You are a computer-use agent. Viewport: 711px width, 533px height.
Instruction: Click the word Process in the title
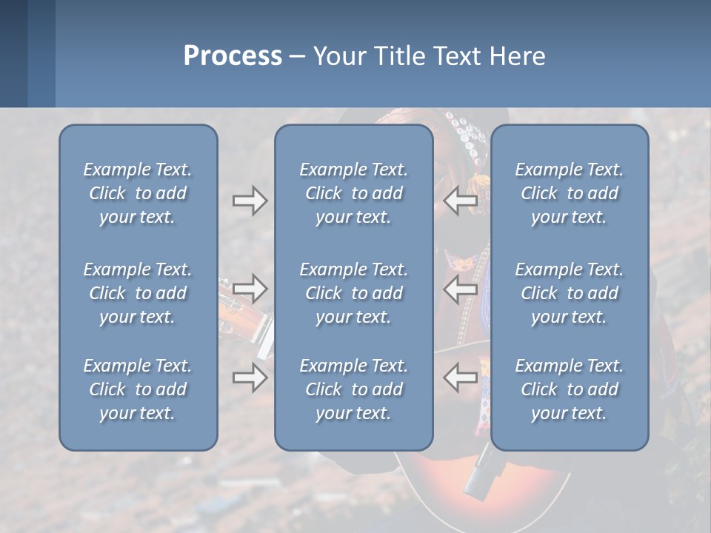tap(233, 56)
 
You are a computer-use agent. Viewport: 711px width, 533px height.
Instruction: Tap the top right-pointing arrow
tap(250, 201)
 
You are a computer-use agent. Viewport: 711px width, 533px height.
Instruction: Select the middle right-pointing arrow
tap(250, 287)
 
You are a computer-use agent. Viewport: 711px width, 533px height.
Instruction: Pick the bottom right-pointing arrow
tap(250, 378)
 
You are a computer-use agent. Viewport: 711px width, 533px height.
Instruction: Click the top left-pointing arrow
tap(460, 201)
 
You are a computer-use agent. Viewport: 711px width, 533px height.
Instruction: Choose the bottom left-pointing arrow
tap(460, 377)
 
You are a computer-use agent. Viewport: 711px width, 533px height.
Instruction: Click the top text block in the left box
tap(138, 193)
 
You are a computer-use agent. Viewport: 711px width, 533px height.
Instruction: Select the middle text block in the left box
tap(138, 293)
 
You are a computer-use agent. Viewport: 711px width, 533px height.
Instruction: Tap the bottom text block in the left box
tap(138, 389)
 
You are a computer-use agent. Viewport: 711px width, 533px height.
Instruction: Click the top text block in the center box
tap(353, 193)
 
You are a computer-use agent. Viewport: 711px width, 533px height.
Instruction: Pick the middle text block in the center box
tap(353, 293)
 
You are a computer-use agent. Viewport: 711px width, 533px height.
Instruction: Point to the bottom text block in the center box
tap(353, 389)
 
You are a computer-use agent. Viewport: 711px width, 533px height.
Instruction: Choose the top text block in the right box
tap(569, 193)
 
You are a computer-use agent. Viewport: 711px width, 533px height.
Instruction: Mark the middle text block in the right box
tap(569, 293)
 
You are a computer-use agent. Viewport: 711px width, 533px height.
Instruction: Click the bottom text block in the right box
tap(569, 389)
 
